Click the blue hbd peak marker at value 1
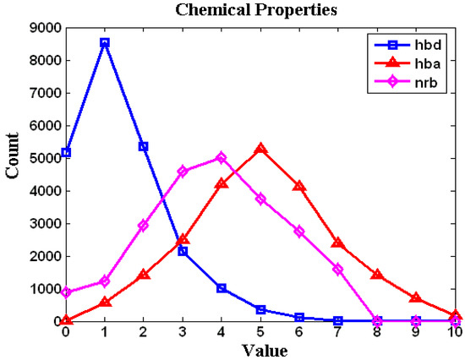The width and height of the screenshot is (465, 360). [105, 42]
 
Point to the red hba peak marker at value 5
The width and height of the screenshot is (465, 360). [260, 149]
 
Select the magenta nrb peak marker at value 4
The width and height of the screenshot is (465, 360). [222, 157]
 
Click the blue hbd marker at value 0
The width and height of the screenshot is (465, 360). [66, 153]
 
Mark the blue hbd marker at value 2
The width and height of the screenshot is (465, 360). [144, 146]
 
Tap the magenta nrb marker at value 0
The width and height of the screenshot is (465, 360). [66, 292]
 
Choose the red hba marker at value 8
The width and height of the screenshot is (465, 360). [377, 275]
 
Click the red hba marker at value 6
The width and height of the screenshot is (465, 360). [299, 186]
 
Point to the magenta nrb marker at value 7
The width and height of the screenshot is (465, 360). [338, 270]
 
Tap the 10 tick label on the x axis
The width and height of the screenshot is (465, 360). [455, 332]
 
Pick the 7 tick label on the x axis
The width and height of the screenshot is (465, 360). [338, 332]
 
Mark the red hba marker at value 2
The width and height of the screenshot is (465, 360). [144, 275]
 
